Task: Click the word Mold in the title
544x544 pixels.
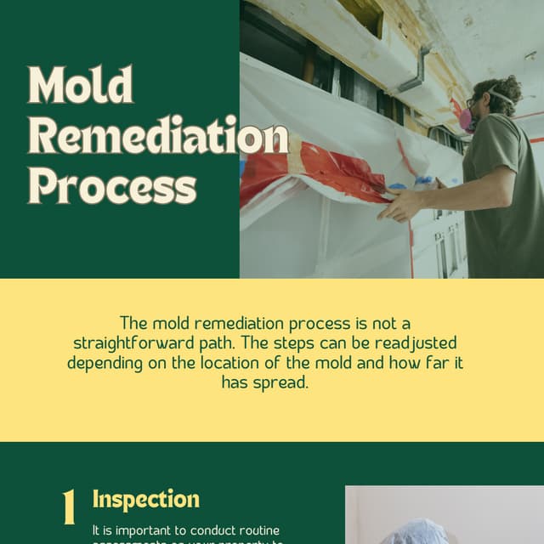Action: [x=81, y=86]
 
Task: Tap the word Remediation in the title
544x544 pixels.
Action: [x=158, y=136]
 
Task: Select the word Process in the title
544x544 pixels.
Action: [x=112, y=184]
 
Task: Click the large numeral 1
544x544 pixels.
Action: [x=70, y=507]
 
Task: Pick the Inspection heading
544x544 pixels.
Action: [x=146, y=499]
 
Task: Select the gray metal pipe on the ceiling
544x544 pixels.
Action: [x=416, y=73]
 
